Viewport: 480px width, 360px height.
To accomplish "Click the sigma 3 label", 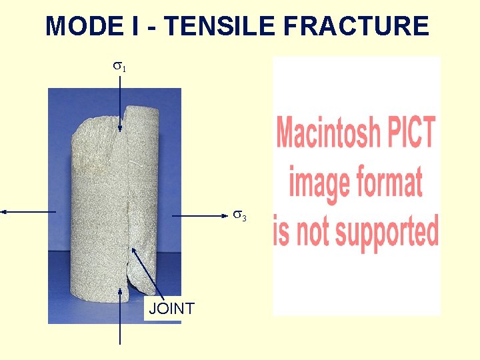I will (x=239, y=216).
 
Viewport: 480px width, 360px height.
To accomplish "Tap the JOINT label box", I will (x=171, y=309).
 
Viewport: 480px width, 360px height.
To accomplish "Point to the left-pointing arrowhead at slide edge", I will (x=4, y=211).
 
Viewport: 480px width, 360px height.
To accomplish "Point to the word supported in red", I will (x=384, y=231).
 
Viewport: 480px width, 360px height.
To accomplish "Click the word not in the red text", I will (x=311, y=231).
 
